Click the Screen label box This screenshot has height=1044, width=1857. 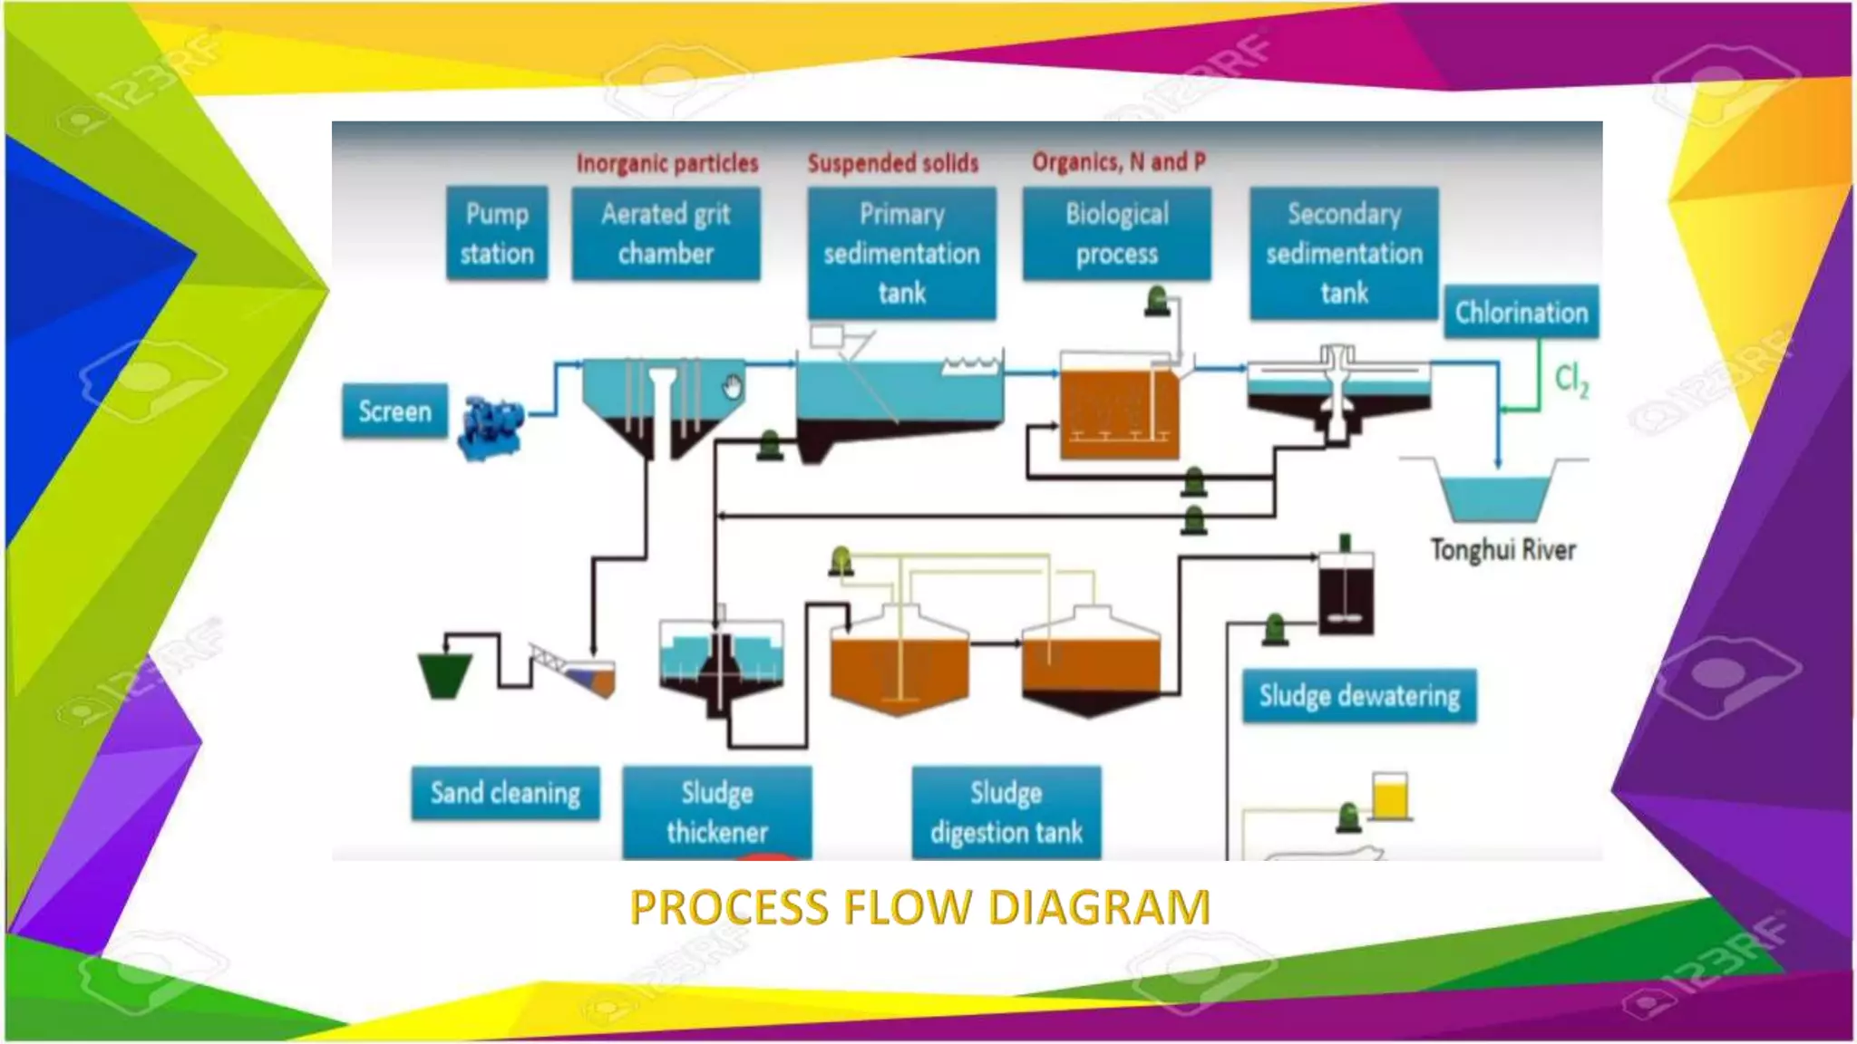[394, 411]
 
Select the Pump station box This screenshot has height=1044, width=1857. [497, 233]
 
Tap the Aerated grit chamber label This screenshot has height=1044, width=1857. [666, 234]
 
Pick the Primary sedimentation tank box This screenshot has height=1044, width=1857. [901, 253]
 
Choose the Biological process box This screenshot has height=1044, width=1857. [1116, 234]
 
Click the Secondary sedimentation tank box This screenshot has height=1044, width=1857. [1344, 253]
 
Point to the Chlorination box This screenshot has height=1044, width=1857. [1521, 313]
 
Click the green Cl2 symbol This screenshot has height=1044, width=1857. [1570, 380]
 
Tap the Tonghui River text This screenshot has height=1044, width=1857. [1502, 550]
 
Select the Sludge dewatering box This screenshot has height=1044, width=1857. [1358, 696]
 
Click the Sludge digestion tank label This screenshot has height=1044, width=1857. [1006, 812]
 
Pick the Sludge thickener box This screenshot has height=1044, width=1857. [716, 812]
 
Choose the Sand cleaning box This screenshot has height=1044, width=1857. [505, 793]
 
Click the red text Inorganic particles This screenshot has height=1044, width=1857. [667, 163]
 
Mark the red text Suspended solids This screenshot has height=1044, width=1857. [893, 163]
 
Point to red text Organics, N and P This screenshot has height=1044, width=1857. [1118, 162]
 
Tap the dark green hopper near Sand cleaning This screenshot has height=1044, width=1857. [444, 673]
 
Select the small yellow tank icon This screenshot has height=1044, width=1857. [1389, 797]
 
